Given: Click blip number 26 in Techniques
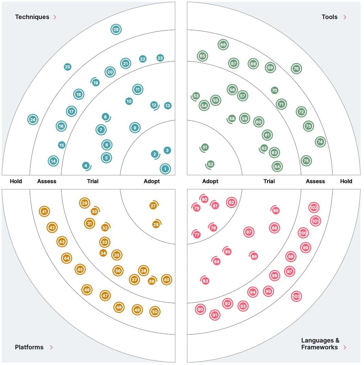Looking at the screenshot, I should (x=116, y=30).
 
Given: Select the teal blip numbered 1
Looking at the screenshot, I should (x=165, y=169).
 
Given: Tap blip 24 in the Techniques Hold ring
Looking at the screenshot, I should (x=33, y=120).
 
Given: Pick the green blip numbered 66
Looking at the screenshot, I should (x=223, y=45).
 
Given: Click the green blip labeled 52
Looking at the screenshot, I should (x=210, y=164).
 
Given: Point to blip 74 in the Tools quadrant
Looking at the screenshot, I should (x=320, y=142).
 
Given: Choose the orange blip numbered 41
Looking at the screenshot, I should (x=44, y=211).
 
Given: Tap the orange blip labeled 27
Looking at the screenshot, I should (x=153, y=206).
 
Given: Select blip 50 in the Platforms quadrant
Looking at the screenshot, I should (x=155, y=311).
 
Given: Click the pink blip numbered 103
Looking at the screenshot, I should (x=296, y=297).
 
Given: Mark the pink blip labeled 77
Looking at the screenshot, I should (x=197, y=235).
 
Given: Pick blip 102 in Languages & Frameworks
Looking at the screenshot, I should (x=314, y=207).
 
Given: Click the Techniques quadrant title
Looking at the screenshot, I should (x=32, y=17).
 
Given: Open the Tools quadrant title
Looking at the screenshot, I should (x=329, y=17).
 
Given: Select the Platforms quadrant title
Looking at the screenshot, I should (x=29, y=347).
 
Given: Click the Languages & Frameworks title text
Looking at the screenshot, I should (x=320, y=344).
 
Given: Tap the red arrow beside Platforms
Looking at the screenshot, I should (x=51, y=347).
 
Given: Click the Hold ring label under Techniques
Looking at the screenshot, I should (x=16, y=181).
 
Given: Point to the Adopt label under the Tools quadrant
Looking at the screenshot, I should (x=210, y=181).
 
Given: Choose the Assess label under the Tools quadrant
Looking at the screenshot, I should (x=315, y=181).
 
